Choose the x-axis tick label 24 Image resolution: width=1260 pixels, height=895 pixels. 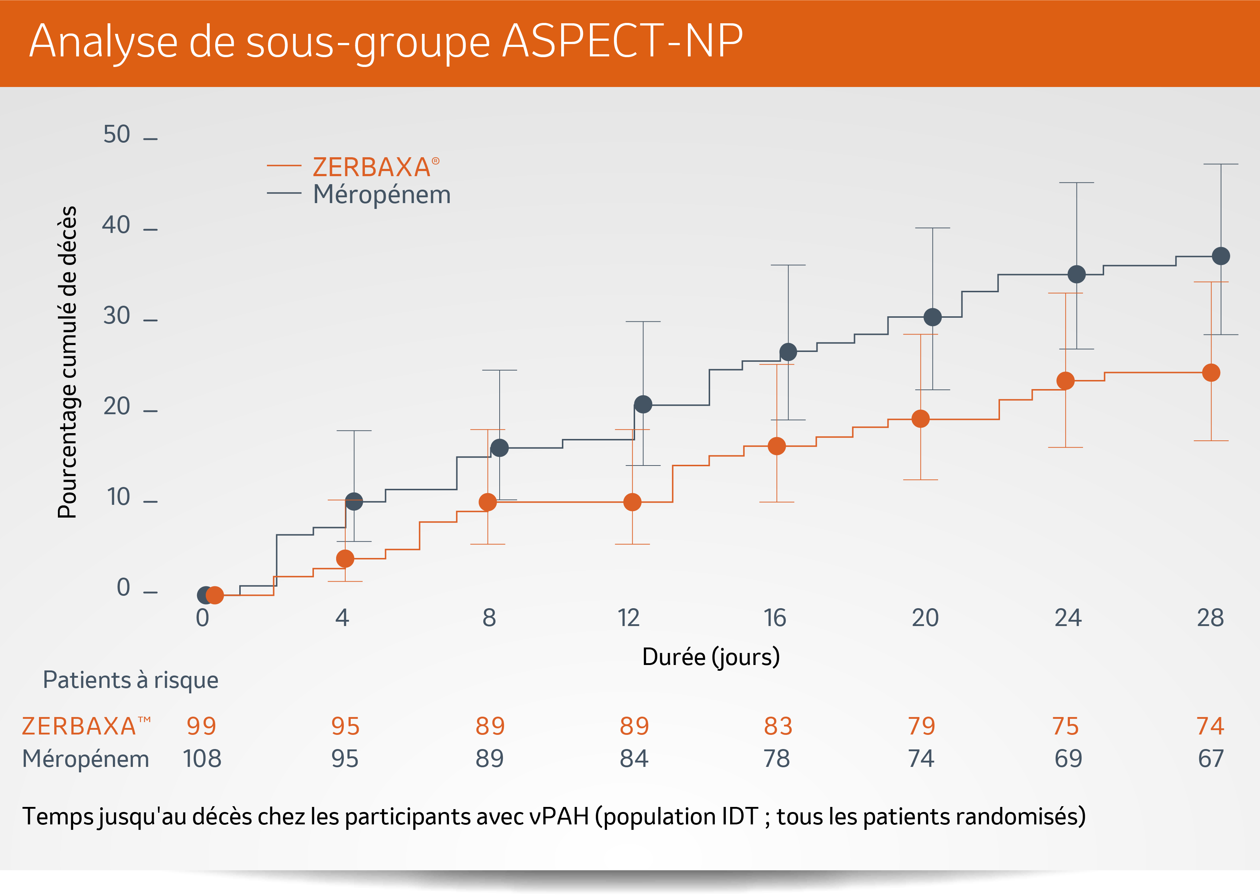pos(1068,618)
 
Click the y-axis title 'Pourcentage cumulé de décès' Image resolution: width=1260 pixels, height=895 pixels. pos(67,362)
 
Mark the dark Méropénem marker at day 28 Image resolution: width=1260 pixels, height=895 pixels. pos(1221,256)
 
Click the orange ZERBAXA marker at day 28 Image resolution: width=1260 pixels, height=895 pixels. pos(1211,373)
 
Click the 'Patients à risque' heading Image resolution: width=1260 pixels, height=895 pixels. pos(131,680)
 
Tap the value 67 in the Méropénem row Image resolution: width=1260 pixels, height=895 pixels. pos(1211,759)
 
